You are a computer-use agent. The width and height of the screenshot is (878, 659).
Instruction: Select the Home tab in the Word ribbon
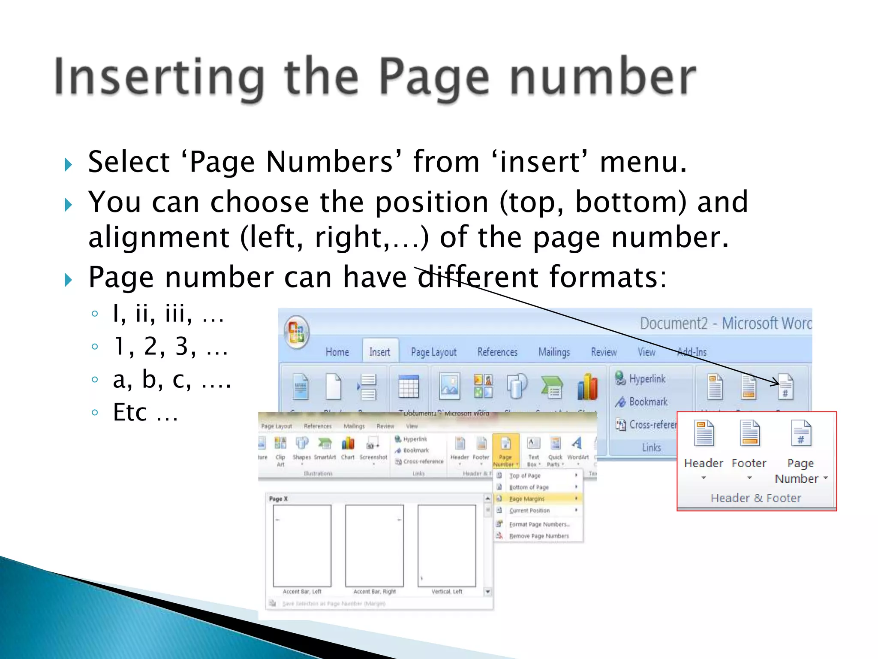(337, 352)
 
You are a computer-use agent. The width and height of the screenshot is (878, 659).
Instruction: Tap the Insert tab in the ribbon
(380, 352)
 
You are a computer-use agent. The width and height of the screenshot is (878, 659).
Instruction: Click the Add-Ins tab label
(692, 352)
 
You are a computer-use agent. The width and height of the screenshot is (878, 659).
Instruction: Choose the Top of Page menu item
(525, 476)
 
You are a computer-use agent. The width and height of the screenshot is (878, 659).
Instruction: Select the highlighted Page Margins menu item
(527, 499)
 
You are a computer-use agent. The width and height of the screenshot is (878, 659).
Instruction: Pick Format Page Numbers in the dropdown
(539, 524)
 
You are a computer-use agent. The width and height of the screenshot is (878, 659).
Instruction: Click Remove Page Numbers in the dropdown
(539, 536)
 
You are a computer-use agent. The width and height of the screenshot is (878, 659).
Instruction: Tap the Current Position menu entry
(529, 511)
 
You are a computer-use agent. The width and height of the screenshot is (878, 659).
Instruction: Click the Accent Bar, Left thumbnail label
(302, 592)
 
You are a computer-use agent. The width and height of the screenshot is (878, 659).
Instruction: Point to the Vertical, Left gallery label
(447, 592)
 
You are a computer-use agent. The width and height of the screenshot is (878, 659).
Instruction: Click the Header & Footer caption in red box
(756, 498)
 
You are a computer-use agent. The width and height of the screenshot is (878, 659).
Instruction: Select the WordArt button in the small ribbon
(577, 457)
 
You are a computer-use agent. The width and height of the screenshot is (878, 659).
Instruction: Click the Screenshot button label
(373, 457)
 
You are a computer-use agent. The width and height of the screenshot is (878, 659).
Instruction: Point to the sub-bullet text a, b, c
(171, 380)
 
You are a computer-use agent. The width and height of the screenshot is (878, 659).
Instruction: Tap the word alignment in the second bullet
(159, 237)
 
